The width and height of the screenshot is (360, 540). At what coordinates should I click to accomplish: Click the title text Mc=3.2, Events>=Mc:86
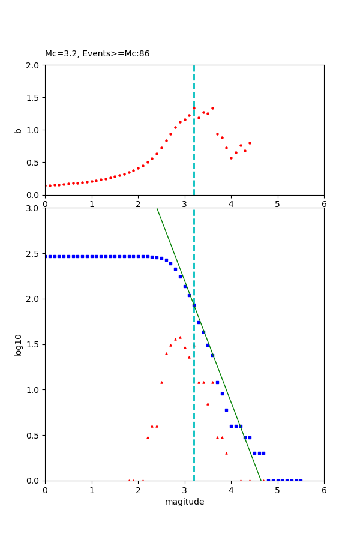(97, 54)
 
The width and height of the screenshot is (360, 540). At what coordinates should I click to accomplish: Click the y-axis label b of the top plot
(19, 130)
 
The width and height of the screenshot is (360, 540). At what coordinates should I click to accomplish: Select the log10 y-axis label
(19, 345)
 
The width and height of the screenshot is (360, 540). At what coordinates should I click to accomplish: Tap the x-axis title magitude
(184, 502)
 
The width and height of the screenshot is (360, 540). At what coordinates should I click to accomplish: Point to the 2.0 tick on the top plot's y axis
(32, 65)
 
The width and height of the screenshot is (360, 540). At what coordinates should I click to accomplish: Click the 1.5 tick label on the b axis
(32, 98)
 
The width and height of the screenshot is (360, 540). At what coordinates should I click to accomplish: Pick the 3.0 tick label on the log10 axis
(32, 208)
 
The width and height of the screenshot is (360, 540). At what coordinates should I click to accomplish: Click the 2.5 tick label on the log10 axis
(32, 254)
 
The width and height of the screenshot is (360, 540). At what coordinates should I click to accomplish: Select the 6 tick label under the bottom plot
(324, 490)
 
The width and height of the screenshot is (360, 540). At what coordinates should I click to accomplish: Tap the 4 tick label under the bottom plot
(231, 490)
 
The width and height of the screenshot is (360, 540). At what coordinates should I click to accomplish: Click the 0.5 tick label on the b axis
(32, 163)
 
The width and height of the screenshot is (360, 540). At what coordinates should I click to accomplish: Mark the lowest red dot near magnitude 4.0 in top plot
(231, 158)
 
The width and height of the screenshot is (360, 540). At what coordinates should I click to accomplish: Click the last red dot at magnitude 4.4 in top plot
(250, 143)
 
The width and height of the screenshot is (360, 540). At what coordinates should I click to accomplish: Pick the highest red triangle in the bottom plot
(180, 337)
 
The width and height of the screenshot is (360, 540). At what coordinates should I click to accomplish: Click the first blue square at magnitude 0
(46, 256)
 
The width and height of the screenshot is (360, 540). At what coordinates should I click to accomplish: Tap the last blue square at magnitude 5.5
(301, 480)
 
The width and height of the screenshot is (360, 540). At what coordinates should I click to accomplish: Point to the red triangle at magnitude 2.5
(161, 382)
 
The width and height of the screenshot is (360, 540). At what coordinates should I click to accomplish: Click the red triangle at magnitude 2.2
(148, 437)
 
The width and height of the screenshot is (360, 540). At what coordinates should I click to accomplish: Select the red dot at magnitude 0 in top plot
(46, 186)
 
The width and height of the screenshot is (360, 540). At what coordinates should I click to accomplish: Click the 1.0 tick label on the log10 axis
(32, 390)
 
